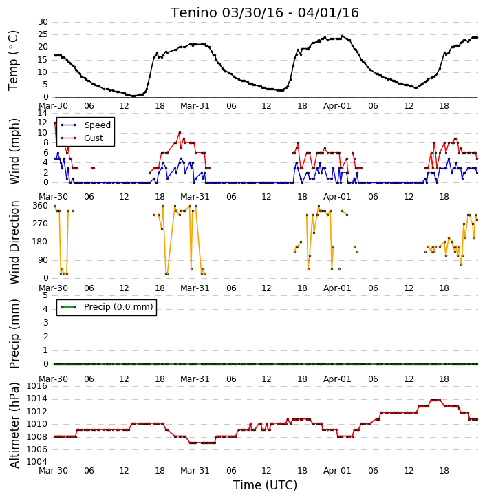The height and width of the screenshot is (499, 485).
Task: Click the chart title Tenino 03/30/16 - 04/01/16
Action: (265, 12)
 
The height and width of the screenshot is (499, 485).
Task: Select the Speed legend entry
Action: (86, 125)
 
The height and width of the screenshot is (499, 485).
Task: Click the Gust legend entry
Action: (82, 138)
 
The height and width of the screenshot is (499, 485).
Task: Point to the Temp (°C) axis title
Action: (13, 61)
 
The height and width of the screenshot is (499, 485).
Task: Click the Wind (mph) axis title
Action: (14, 151)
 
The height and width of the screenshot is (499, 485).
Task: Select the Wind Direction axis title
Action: (14, 242)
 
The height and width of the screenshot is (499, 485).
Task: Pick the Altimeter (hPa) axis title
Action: (14, 425)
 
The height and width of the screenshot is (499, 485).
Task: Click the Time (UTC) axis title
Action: (265, 485)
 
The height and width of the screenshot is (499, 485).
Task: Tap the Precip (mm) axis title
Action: (14, 334)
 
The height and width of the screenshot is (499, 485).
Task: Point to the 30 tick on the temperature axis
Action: (43, 22)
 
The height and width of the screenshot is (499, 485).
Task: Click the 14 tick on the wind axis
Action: (43, 113)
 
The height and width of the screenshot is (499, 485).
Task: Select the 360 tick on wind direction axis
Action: (41, 206)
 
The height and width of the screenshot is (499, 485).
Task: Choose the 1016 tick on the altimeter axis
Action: (37, 386)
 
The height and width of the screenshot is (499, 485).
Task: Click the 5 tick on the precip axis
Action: (45, 295)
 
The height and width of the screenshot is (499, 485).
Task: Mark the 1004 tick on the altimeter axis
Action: (37, 462)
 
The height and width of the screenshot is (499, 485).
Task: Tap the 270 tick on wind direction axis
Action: (41, 224)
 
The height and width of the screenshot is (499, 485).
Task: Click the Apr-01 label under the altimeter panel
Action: (337, 471)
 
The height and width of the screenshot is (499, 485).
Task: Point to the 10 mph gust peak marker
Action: (180, 132)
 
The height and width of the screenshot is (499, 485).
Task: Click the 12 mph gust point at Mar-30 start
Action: (55, 123)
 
